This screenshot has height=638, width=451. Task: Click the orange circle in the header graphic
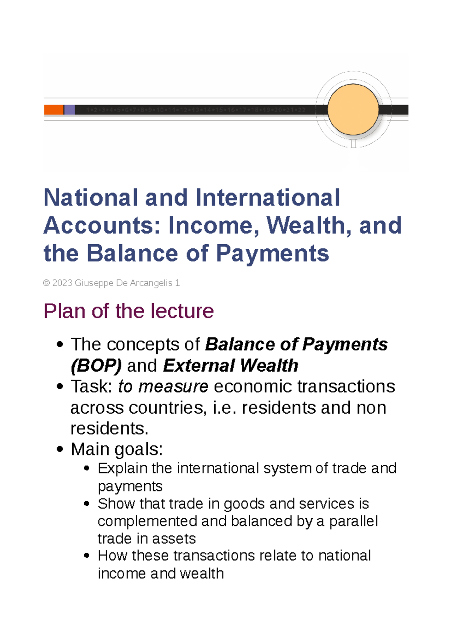[x=353, y=109]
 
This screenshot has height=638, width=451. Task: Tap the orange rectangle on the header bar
[x=54, y=110]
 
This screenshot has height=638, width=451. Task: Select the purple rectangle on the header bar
[x=70, y=110]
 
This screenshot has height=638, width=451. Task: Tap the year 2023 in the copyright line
[x=62, y=283]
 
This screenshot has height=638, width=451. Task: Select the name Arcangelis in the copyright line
[x=152, y=283]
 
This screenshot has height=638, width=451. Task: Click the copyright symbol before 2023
[x=47, y=283]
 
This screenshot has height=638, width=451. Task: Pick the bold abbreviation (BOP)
[x=96, y=366]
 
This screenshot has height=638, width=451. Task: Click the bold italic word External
[x=198, y=366]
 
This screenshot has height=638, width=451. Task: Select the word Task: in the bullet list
[x=91, y=387]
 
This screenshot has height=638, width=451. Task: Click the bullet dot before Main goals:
[x=59, y=449]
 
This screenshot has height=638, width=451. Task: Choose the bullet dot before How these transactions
[x=87, y=556]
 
